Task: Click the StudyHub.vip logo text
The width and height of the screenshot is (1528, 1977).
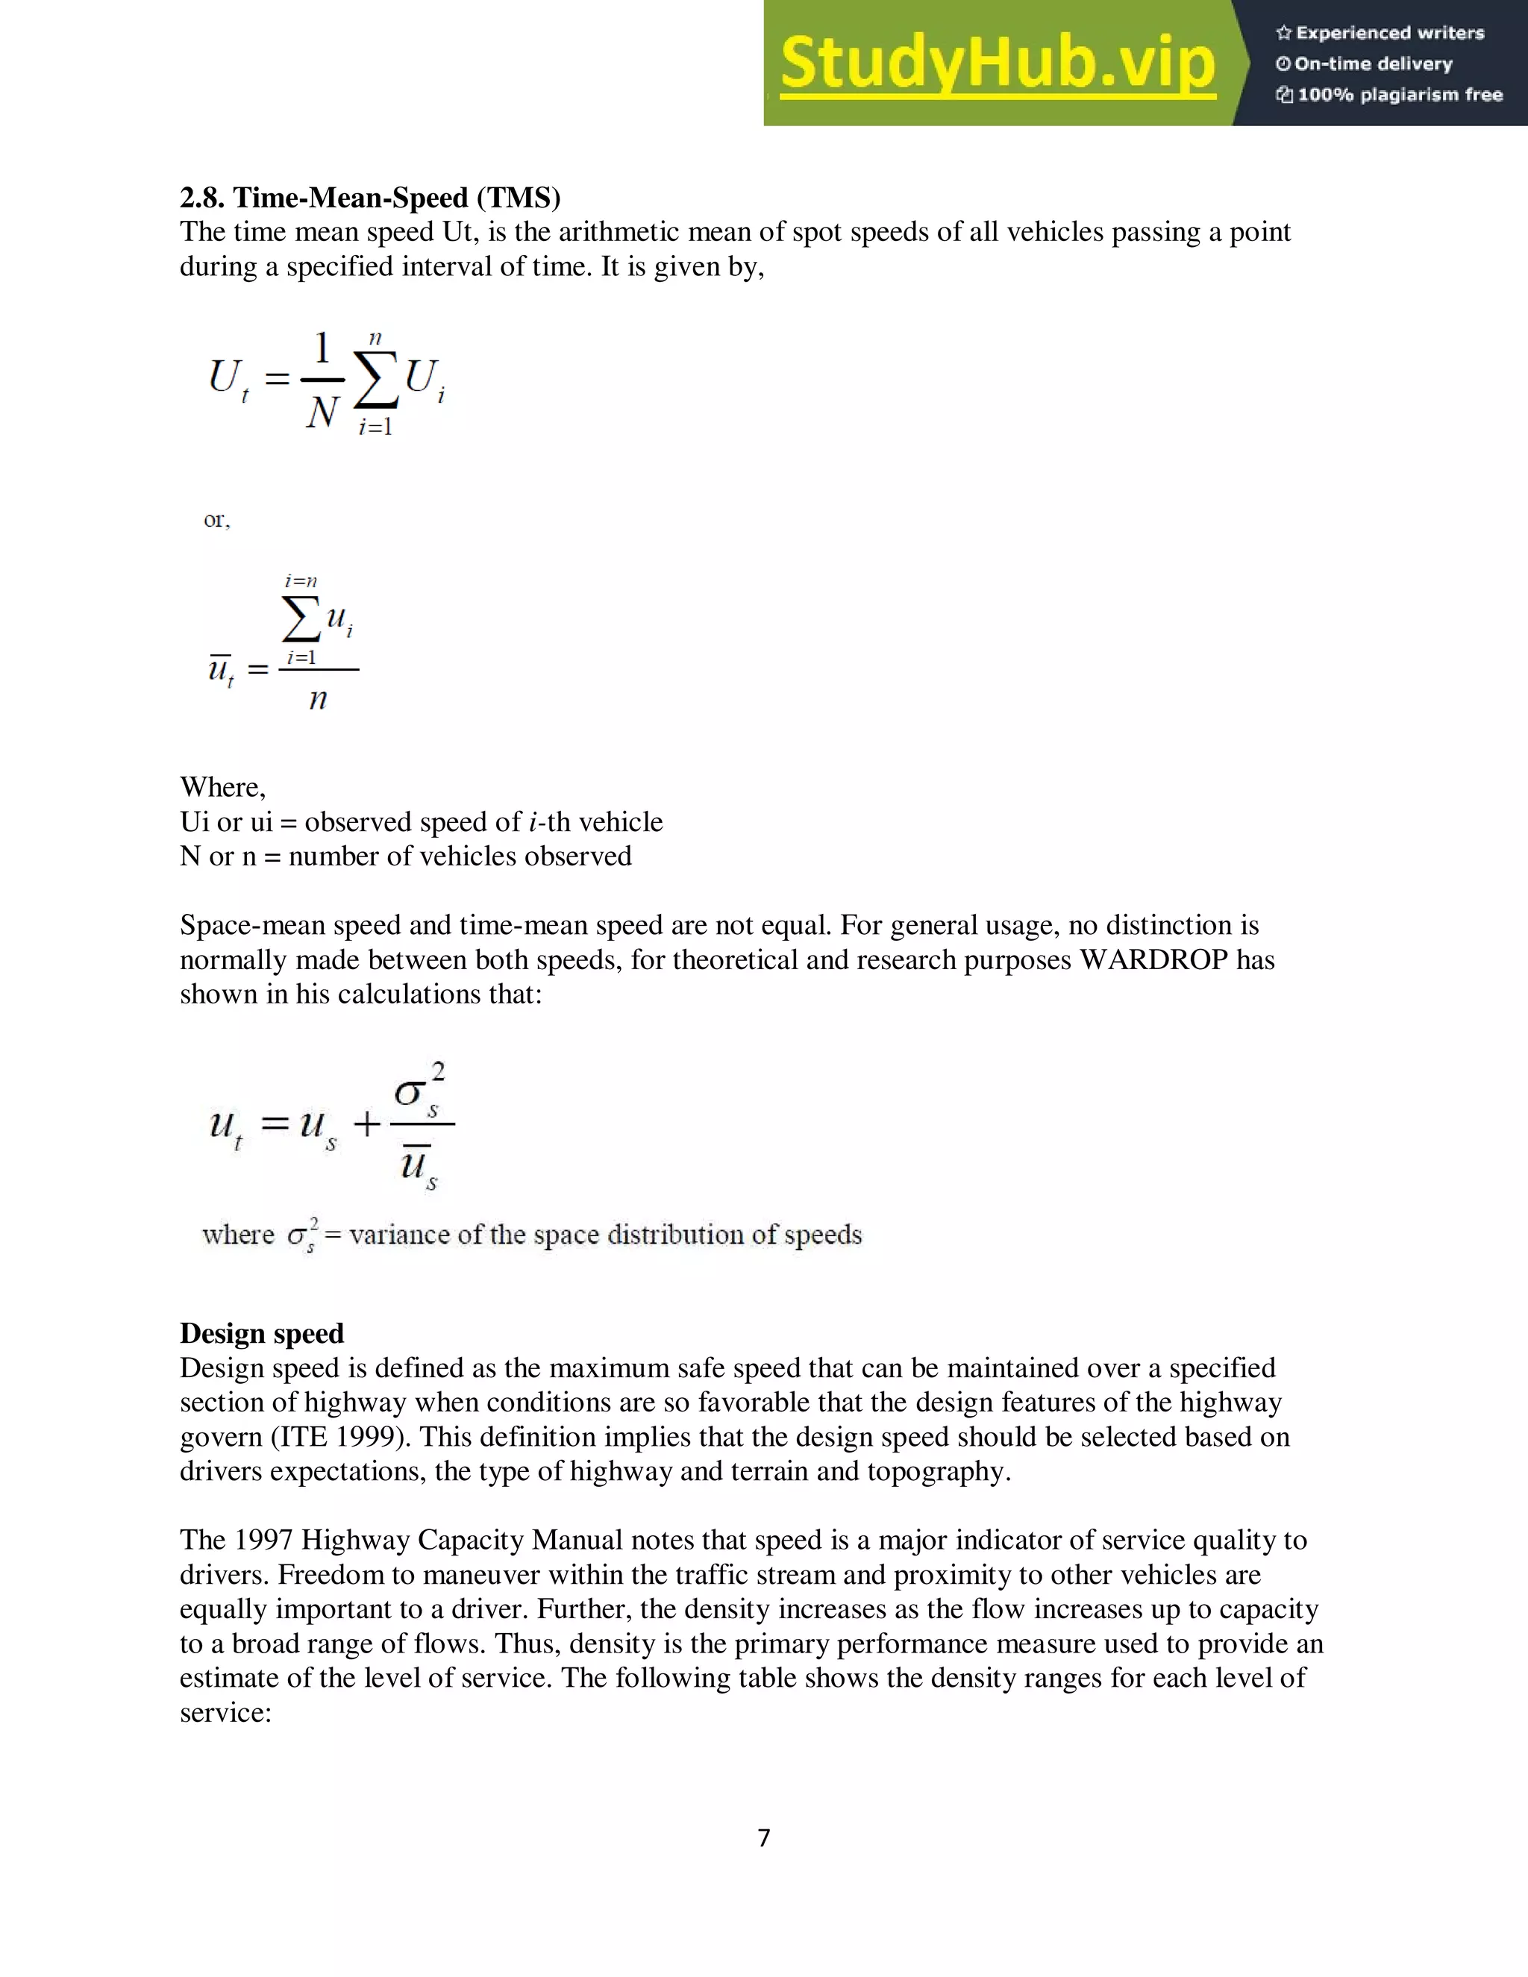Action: [x=997, y=63]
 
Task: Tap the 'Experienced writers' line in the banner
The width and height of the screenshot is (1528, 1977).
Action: [x=1380, y=34]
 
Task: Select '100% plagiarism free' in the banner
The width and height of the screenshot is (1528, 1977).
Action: [x=1388, y=95]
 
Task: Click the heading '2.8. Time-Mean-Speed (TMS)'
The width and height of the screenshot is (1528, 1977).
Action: [x=369, y=198]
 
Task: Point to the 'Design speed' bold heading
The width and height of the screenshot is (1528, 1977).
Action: [x=262, y=1333]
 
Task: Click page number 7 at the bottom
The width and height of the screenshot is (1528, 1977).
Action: [x=764, y=1837]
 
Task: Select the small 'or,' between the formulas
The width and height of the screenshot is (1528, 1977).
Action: [x=216, y=519]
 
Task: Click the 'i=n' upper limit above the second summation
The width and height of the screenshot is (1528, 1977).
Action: [x=301, y=581]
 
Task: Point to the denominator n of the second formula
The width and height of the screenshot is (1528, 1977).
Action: [x=318, y=699]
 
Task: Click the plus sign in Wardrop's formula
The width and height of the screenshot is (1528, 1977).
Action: [x=366, y=1125]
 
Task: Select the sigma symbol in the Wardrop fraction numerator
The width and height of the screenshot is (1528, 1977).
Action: [x=409, y=1093]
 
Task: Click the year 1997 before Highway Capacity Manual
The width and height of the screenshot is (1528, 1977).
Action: [x=263, y=1540]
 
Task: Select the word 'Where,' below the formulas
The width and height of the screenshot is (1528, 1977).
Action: [x=222, y=786]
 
